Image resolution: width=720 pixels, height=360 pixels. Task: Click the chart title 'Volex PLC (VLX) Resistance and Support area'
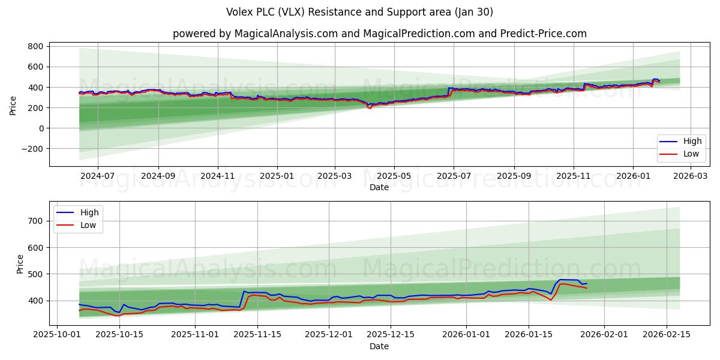coord(359,12)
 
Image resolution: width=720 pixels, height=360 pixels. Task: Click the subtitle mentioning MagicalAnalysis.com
coord(379,34)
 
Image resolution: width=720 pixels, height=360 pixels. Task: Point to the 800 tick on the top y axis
coord(35,46)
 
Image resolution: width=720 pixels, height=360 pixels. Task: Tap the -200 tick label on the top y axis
coord(31,149)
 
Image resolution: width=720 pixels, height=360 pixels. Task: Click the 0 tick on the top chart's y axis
coord(40,128)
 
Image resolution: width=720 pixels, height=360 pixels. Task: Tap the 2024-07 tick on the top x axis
coord(97,176)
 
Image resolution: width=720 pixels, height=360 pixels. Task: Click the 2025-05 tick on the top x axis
coord(394,176)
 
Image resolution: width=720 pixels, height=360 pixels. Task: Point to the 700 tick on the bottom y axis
coord(35,221)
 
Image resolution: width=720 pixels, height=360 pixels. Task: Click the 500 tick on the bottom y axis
coord(35,274)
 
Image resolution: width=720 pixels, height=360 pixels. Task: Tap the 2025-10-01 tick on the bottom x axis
coord(58,335)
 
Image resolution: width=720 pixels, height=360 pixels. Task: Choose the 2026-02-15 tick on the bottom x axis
coord(667,335)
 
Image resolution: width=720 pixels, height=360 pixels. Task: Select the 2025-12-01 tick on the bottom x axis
coord(329,335)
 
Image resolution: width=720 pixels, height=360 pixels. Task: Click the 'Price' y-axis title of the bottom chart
coord(20,264)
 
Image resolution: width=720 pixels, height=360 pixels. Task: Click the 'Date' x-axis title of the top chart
coord(379,187)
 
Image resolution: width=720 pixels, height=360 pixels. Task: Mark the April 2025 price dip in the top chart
coord(370,107)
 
